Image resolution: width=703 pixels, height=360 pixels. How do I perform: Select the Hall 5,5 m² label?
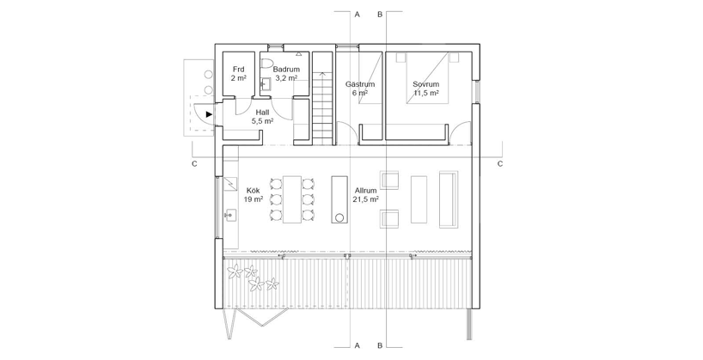[262, 116]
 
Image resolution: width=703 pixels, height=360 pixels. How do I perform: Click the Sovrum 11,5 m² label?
[425, 88]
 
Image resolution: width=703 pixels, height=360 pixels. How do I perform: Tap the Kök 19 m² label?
[254, 195]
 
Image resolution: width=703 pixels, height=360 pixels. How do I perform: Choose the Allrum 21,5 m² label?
[366, 195]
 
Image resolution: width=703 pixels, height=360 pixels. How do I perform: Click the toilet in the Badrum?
[266, 64]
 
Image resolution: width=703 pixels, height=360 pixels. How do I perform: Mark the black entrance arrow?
[209, 114]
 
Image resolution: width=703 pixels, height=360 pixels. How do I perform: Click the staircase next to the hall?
[323, 98]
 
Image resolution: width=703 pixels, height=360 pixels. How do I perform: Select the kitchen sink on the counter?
[230, 216]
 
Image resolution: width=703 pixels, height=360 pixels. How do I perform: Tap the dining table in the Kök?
[291, 199]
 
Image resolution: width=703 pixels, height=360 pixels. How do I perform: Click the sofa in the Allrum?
[449, 199]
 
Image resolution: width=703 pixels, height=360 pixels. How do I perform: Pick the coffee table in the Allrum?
[419, 199]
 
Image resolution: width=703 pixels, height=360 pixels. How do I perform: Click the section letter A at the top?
[358, 15]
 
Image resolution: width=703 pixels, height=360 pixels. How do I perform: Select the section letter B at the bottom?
[380, 345]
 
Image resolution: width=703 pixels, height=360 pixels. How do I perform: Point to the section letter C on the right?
[500, 163]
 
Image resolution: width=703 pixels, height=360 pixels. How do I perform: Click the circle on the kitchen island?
[339, 218]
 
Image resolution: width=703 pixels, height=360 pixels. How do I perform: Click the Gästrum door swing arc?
[352, 129]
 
